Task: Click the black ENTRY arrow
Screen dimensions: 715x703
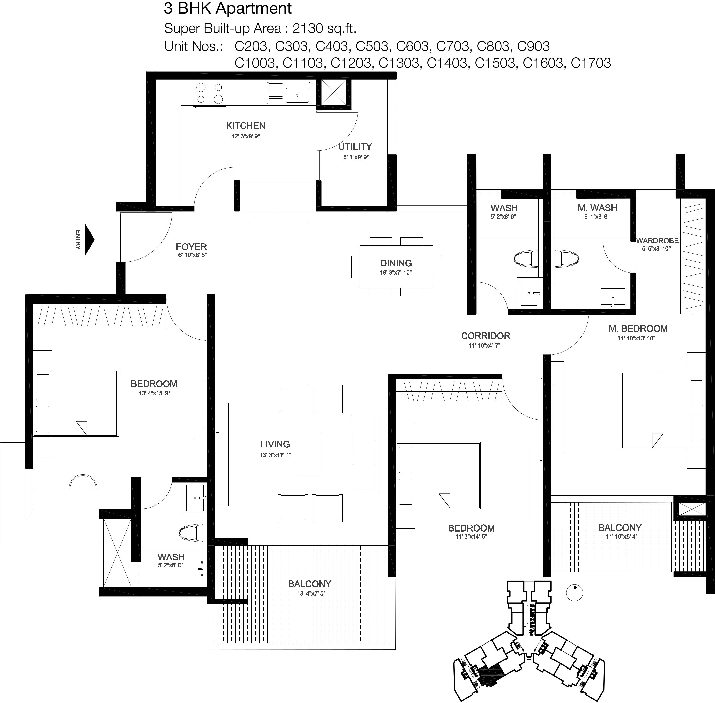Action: pyautogui.click(x=89, y=239)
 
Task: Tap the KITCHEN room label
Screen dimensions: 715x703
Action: pyautogui.click(x=245, y=126)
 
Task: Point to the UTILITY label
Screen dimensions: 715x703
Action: pyautogui.click(x=355, y=147)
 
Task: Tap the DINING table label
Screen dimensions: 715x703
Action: pyautogui.click(x=396, y=263)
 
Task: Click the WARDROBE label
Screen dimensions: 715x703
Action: pyautogui.click(x=657, y=240)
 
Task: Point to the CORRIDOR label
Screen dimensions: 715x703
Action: pyautogui.click(x=485, y=336)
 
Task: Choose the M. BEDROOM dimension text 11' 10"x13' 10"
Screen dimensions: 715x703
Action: pyautogui.click(x=636, y=338)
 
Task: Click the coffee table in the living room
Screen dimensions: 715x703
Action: pyautogui.click(x=309, y=453)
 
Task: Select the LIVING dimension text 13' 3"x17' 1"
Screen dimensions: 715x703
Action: pyautogui.click(x=276, y=455)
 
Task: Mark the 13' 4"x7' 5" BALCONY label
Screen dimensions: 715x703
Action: pyautogui.click(x=309, y=584)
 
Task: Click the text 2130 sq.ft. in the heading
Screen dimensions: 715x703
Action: pyautogui.click(x=324, y=28)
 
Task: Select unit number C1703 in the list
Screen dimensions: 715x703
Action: pyautogui.click(x=591, y=63)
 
